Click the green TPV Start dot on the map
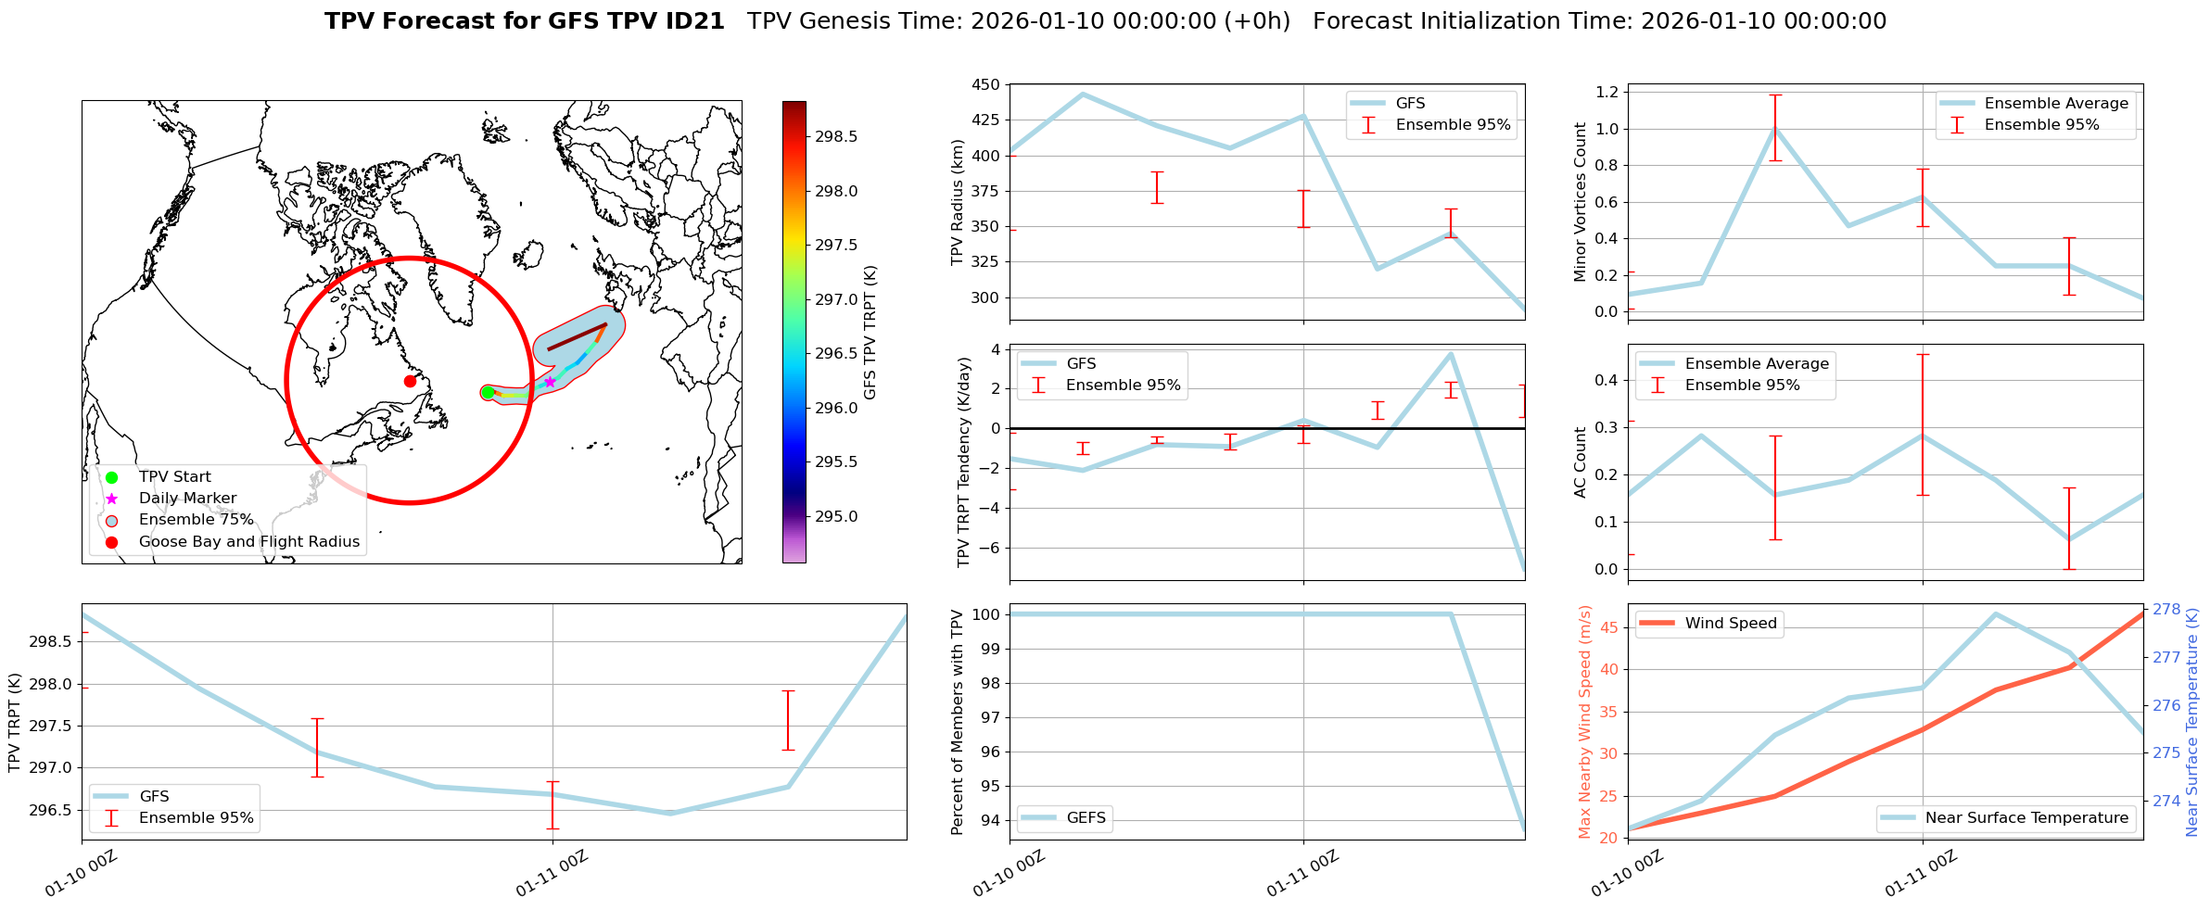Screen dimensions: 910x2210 point(488,392)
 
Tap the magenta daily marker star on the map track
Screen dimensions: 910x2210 point(550,382)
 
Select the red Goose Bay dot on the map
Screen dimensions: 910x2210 point(410,381)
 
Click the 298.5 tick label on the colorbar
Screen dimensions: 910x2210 point(836,137)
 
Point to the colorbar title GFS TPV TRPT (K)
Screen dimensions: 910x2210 point(870,333)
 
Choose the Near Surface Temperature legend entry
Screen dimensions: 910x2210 point(2026,818)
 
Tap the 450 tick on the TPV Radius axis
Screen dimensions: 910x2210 point(986,85)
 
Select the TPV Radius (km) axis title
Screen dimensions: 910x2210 point(958,202)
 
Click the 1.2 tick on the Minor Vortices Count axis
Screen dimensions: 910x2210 point(1607,92)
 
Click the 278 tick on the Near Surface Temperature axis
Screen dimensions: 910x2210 point(2166,610)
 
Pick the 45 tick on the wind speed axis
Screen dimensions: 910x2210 point(1608,628)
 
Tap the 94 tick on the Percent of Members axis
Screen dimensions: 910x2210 point(989,820)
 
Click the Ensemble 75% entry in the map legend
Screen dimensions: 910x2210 point(196,520)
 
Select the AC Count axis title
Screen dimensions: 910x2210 point(1581,461)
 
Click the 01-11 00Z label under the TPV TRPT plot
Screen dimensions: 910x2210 point(552,874)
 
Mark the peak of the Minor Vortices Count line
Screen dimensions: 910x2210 point(1775,129)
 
